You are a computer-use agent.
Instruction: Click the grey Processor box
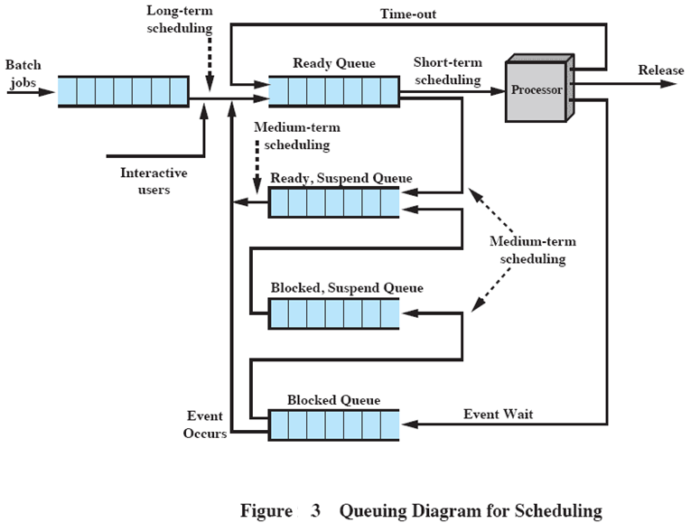point(537,90)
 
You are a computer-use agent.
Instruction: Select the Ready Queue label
point(334,63)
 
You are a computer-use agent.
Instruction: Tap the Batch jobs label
point(23,73)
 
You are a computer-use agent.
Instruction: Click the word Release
point(660,70)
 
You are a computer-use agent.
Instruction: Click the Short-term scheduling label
point(447,71)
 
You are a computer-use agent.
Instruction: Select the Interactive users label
point(154,182)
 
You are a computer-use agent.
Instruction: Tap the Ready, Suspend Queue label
point(341,179)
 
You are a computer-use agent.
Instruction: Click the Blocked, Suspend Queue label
point(346,288)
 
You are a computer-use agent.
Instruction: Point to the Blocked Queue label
point(333,400)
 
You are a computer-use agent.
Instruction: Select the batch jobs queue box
point(123,91)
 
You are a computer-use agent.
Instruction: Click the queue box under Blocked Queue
point(333,425)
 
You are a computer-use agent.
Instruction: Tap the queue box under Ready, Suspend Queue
point(333,202)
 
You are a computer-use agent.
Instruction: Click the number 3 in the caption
point(316,511)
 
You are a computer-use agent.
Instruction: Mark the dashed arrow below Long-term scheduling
point(210,63)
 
